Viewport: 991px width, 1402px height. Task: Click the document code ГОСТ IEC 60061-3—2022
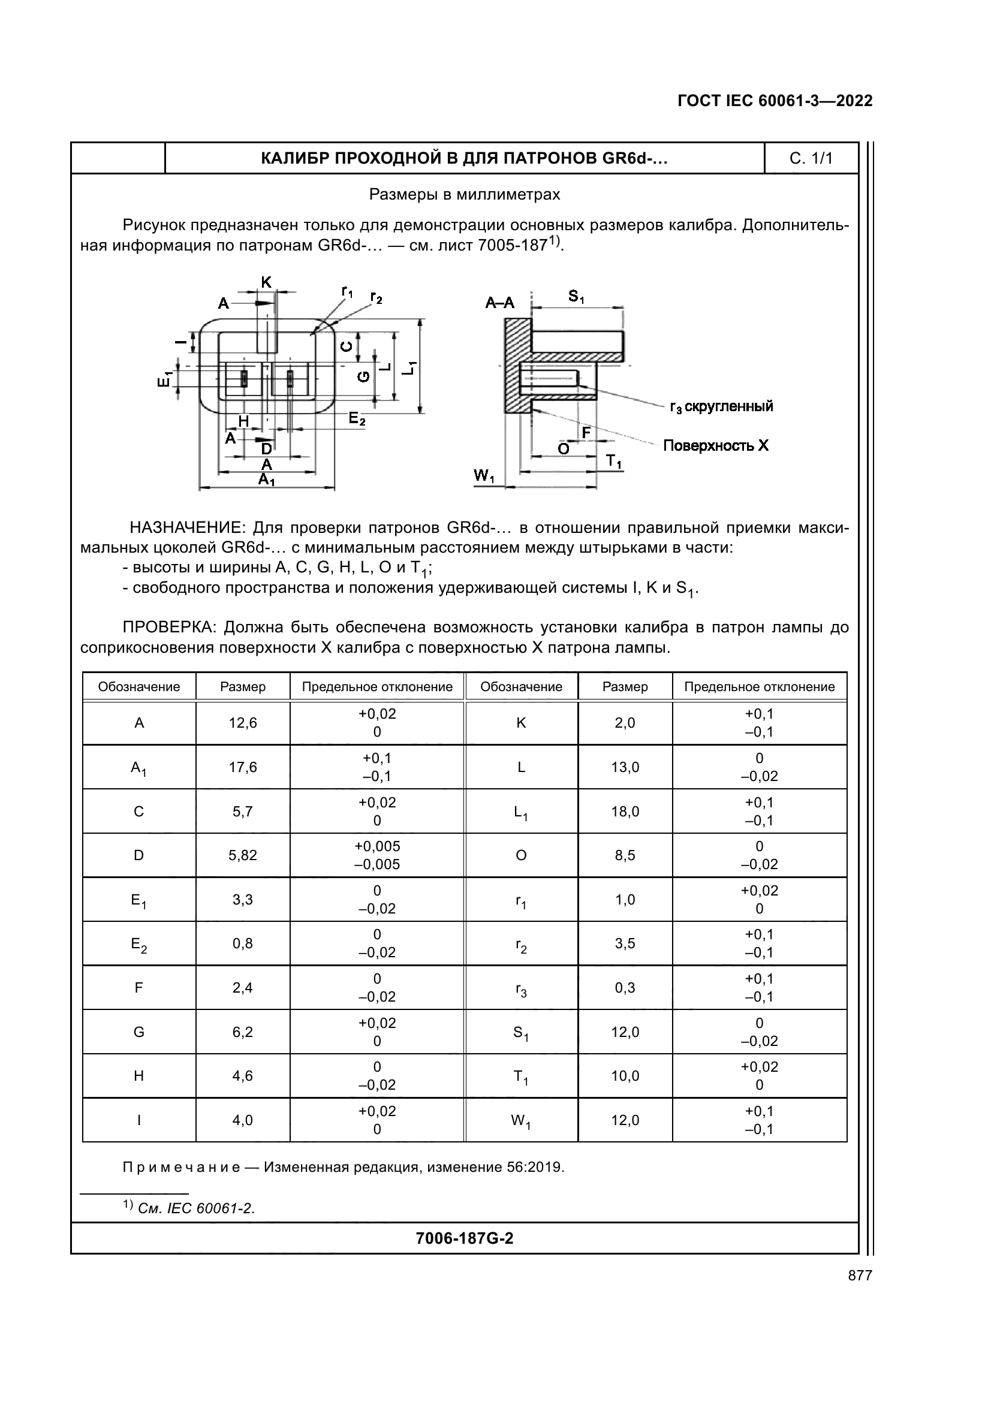tap(774, 101)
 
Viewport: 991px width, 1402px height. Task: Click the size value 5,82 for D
tap(242, 855)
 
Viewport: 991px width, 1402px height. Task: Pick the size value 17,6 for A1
tap(242, 768)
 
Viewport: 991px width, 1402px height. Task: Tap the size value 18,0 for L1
tap(625, 812)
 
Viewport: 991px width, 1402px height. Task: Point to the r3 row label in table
tap(521, 988)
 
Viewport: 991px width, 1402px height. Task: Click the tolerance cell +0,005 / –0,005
tap(376, 855)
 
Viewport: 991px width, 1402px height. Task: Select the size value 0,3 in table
tap(625, 988)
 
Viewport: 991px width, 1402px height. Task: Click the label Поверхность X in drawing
tap(716, 446)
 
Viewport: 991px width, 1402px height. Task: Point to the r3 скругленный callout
tap(721, 406)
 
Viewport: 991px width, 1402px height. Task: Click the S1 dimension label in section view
tap(576, 297)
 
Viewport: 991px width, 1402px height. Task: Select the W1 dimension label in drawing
tap(484, 476)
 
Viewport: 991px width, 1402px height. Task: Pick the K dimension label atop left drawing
tap(266, 282)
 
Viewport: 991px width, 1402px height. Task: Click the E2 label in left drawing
tap(357, 419)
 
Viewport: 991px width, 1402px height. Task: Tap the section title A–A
tap(499, 303)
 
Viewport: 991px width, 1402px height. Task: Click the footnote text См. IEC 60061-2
tap(195, 1208)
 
